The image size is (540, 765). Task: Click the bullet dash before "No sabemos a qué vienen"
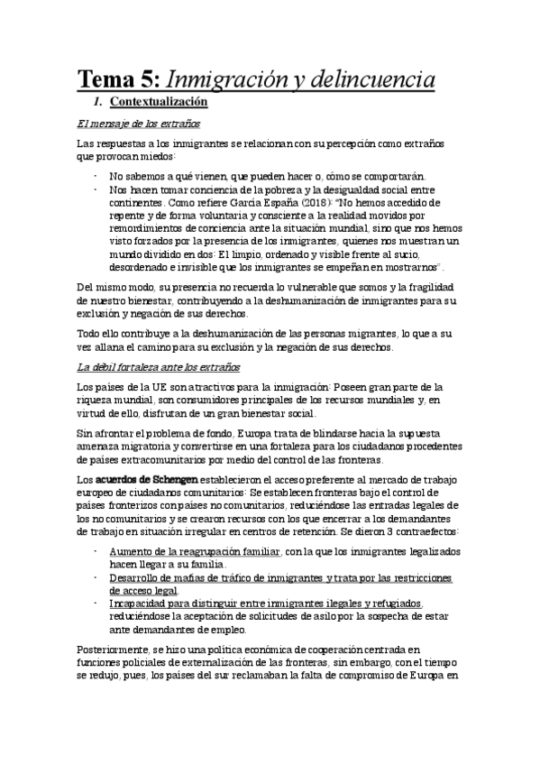tap(96, 176)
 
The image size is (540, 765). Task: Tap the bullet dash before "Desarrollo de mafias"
tap(96, 576)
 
